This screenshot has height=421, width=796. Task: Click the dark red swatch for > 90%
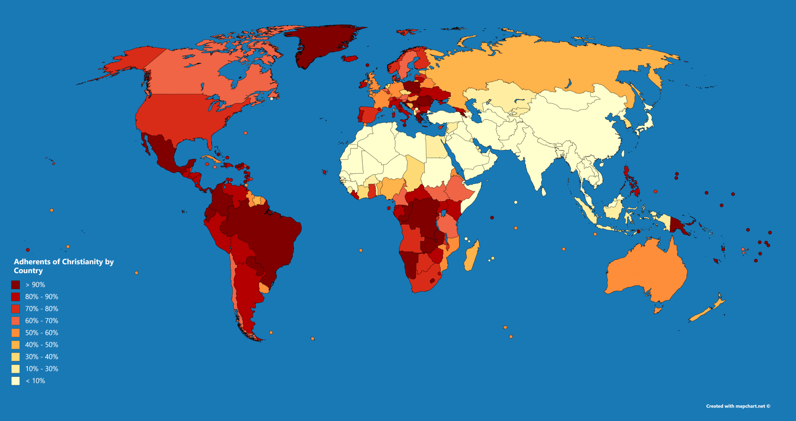pyautogui.click(x=15, y=285)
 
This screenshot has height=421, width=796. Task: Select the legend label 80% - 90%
pyautogui.click(x=41, y=297)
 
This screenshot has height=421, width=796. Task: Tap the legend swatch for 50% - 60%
pyautogui.click(x=15, y=333)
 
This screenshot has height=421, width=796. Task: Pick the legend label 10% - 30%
pyautogui.click(x=41, y=369)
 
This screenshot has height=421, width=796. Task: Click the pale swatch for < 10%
pyautogui.click(x=15, y=381)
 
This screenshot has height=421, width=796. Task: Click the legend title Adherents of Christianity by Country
pyautogui.click(x=63, y=266)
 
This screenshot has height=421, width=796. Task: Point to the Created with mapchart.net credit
pyautogui.click(x=738, y=406)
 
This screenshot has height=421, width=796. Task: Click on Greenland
pyautogui.click(x=323, y=44)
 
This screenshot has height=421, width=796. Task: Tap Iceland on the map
pyautogui.click(x=350, y=58)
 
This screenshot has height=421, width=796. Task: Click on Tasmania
pyautogui.click(x=658, y=310)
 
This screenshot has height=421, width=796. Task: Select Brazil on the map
pyautogui.click(x=265, y=232)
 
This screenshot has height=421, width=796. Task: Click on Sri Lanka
pyautogui.click(x=544, y=192)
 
